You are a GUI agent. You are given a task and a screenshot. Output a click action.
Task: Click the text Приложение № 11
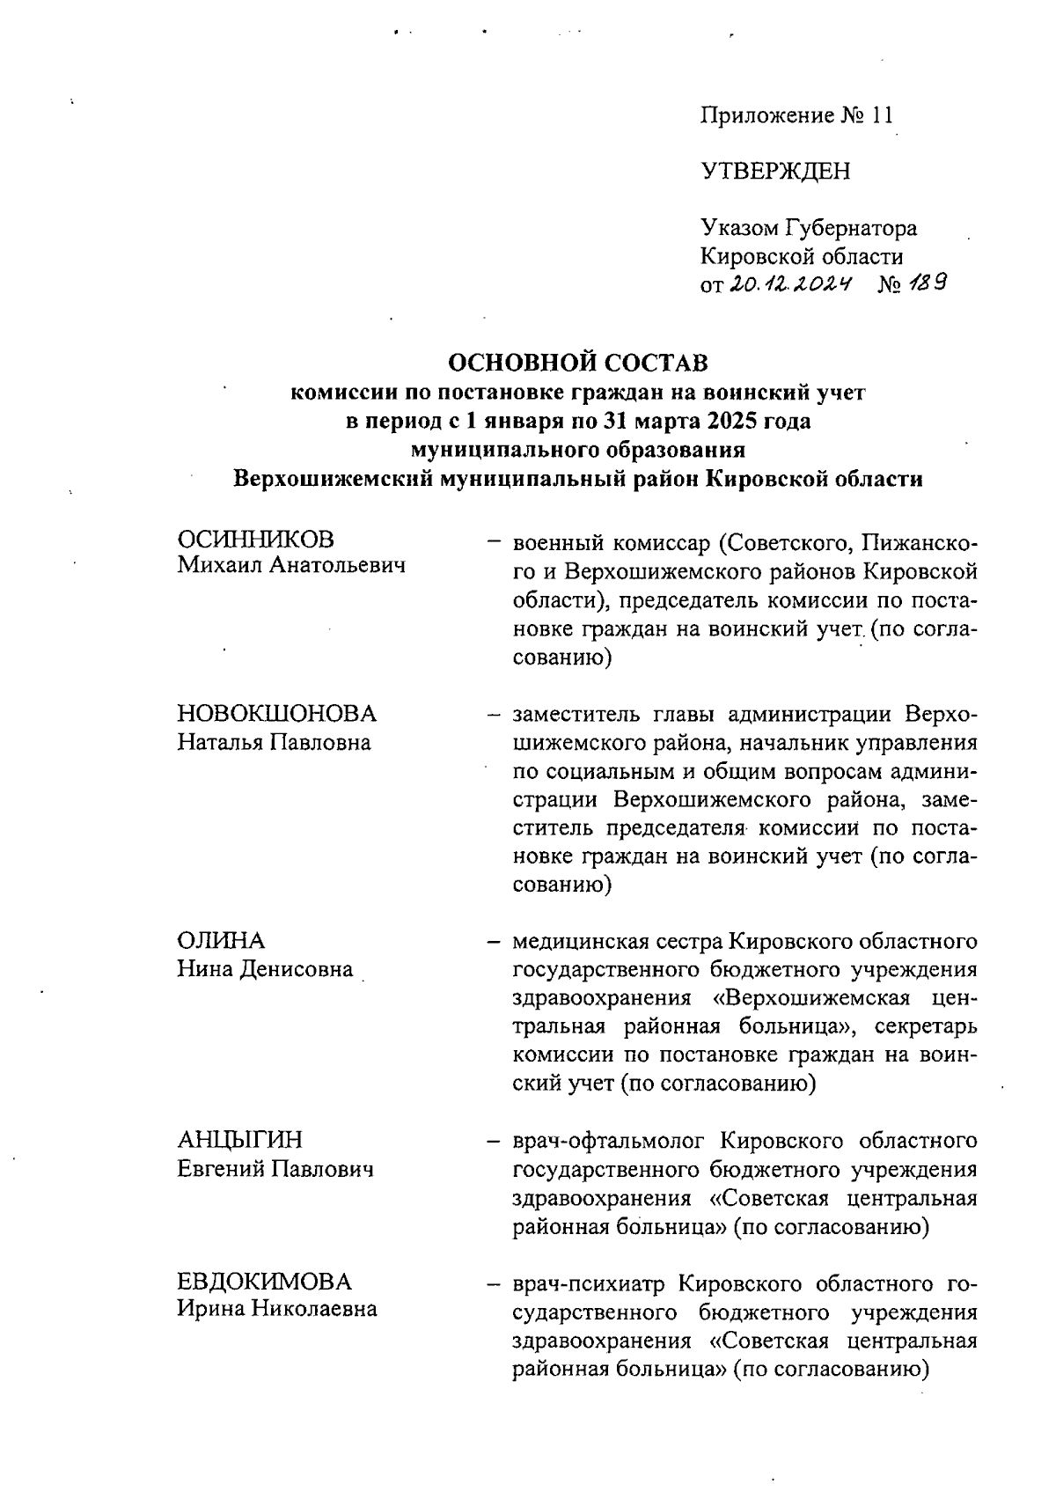point(796,115)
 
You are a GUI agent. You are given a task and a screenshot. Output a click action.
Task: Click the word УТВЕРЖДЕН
point(775,172)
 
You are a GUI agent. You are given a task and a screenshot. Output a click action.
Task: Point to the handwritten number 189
point(925,283)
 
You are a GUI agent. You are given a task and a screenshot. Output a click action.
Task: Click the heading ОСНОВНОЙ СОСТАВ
point(578,363)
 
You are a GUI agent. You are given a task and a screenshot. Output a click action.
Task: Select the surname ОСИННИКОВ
point(256,539)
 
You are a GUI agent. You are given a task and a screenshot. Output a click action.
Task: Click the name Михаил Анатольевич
point(291,566)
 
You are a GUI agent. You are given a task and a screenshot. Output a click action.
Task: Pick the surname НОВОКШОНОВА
point(277,713)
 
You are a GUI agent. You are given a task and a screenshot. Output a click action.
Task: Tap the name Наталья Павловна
point(274,741)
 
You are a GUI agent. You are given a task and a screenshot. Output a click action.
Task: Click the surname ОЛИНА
point(221,941)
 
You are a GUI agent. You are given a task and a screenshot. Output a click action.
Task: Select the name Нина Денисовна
point(265,969)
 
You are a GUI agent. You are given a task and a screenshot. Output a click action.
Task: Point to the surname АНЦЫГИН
point(239,1141)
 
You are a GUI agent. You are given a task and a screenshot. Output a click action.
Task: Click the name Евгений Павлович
point(275,1169)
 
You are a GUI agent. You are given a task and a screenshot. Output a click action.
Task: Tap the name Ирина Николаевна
point(277,1309)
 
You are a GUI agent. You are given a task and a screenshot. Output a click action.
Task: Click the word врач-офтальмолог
point(609,1142)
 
